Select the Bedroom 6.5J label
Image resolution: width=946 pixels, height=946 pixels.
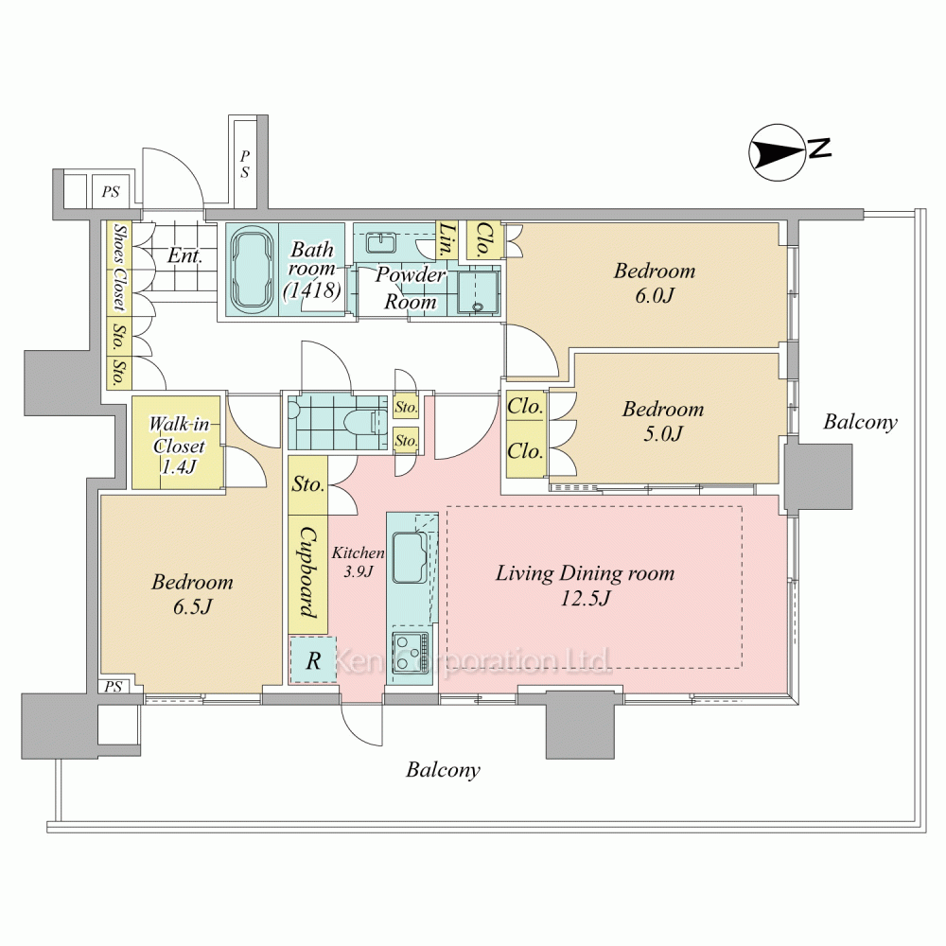point(192,594)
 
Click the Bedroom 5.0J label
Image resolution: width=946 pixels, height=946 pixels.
point(662,421)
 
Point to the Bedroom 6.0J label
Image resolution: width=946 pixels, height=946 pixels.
point(654,282)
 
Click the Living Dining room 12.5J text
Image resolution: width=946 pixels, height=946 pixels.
point(586,586)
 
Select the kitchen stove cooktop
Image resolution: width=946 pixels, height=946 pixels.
point(410,652)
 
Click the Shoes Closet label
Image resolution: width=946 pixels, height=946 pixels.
point(118,268)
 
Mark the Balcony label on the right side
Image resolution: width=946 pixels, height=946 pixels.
point(859,422)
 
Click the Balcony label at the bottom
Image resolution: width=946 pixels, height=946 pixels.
point(443,770)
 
